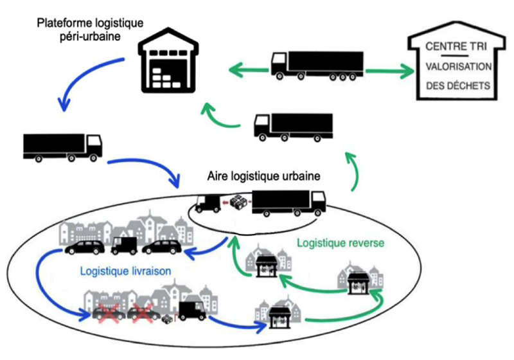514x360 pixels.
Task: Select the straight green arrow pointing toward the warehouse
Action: point(247,67)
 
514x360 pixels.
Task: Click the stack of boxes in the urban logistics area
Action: point(239,203)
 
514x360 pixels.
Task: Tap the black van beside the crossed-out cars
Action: point(191,311)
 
